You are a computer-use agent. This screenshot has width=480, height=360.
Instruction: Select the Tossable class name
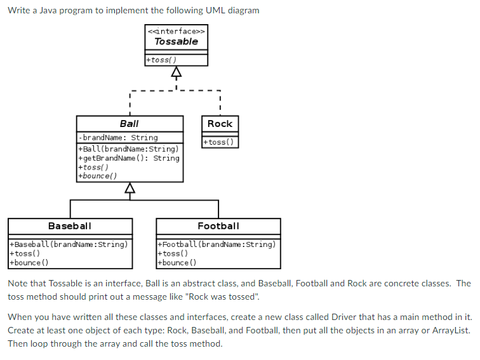click(176, 42)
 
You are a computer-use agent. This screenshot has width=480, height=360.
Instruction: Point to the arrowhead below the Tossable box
click(176, 71)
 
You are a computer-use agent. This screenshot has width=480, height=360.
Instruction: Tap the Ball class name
click(129, 124)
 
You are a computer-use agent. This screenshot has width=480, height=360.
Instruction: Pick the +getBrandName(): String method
click(128, 158)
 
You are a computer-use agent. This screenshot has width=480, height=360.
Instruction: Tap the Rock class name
click(220, 124)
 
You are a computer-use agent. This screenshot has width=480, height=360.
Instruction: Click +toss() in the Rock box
click(220, 142)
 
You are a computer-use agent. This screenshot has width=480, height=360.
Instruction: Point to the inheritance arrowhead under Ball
click(130, 188)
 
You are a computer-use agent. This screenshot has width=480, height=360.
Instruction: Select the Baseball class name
click(70, 226)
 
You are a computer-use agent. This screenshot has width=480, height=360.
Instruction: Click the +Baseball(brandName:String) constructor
click(69, 244)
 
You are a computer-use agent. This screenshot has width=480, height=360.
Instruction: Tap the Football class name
click(218, 226)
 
